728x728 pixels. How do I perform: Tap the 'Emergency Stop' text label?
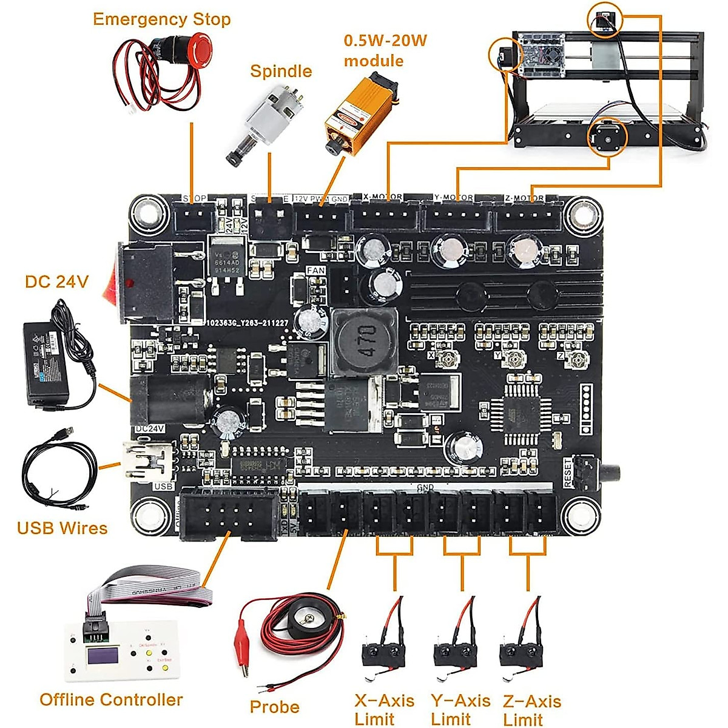tap(161, 19)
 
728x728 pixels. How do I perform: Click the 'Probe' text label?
tap(274, 707)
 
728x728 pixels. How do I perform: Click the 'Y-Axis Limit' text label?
tap(460, 710)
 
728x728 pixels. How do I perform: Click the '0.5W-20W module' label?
tap(385, 51)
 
